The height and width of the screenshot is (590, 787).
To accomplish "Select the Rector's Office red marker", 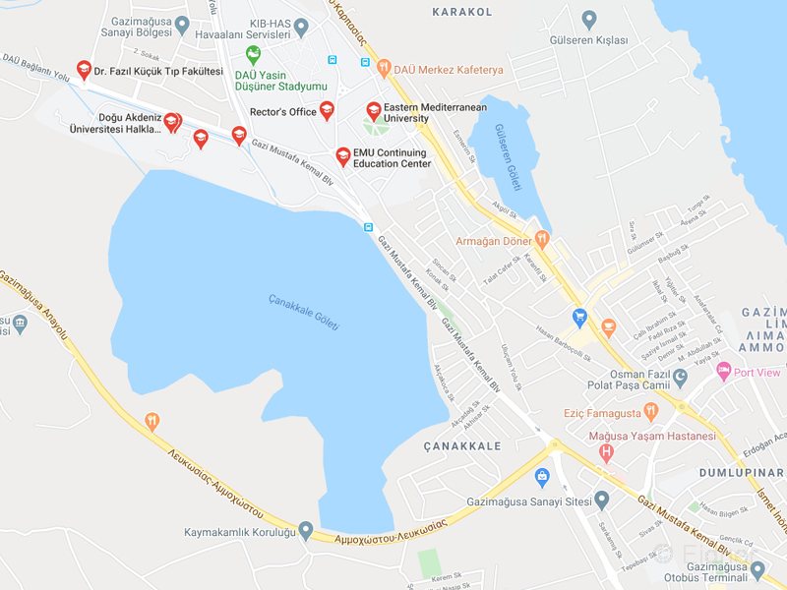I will click(x=327, y=110).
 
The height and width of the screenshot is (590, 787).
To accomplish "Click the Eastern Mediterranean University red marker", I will click(x=373, y=110).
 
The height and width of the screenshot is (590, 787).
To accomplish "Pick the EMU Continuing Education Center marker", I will click(x=342, y=155).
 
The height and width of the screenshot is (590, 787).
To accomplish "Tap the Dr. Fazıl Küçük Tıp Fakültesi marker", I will click(x=83, y=70).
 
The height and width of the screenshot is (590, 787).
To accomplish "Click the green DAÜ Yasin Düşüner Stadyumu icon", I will click(x=253, y=55).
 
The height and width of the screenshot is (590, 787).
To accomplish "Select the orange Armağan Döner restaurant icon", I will click(x=542, y=239).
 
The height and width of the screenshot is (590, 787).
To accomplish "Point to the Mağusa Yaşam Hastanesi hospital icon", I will click(x=606, y=453).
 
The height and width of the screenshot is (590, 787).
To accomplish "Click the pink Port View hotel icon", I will click(x=724, y=372).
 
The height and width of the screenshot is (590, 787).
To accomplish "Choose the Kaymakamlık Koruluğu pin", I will click(x=306, y=532).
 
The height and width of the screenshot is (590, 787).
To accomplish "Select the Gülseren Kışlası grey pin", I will click(x=589, y=19).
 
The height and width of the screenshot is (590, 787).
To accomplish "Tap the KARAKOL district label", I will click(x=461, y=12).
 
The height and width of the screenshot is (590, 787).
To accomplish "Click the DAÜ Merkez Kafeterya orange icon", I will click(x=383, y=69).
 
